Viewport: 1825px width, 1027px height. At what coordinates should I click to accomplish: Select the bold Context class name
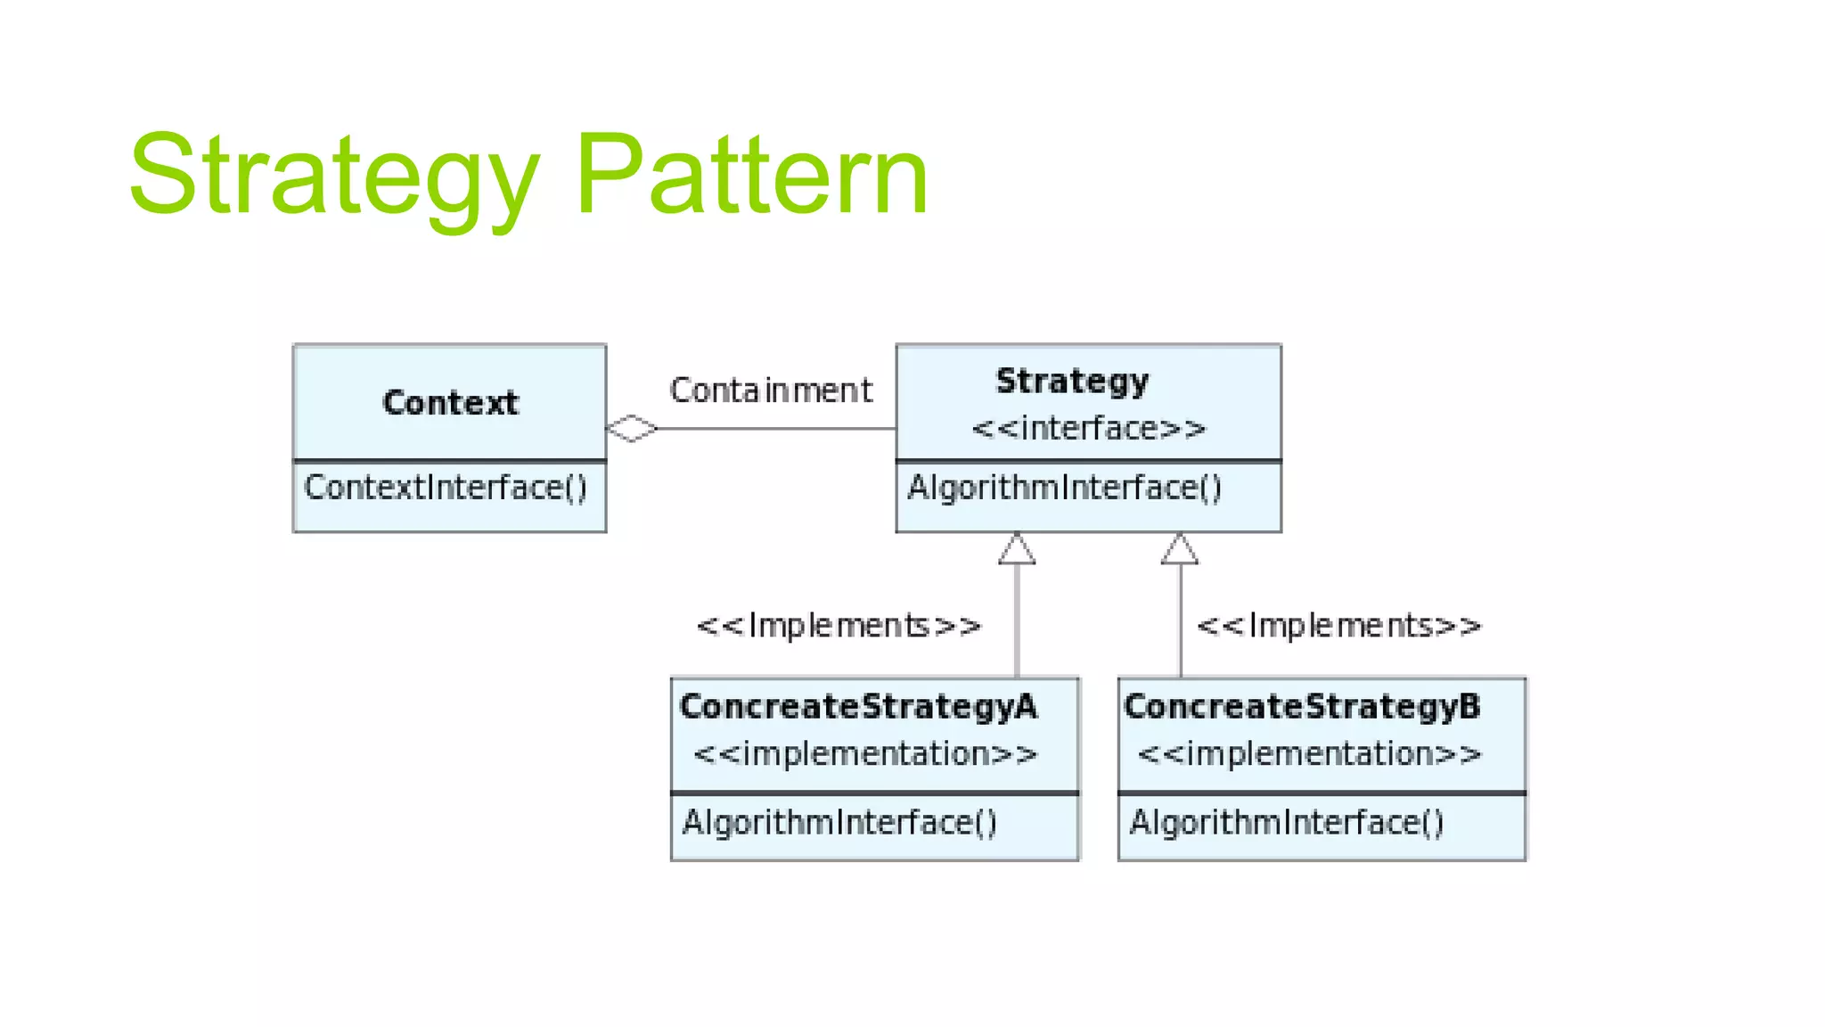pos(450,403)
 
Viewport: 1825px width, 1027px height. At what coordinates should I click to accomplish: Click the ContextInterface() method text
pos(446,488)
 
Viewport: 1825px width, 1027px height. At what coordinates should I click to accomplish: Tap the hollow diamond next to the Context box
pos(632,429)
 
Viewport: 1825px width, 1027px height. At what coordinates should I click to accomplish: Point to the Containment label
pos(771,390)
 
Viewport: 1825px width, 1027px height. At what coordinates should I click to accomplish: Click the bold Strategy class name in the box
pos(1072,381)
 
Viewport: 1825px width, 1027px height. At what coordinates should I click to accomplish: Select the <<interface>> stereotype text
pos(1088,429)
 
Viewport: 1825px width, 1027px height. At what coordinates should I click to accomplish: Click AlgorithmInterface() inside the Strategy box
pos(1064,488)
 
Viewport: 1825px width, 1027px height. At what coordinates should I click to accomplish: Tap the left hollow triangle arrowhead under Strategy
pos(1017,550)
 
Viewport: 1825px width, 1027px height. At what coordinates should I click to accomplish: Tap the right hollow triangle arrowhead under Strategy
pos(1180,550)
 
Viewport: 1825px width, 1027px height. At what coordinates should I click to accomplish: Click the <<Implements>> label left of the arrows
pos(839,626)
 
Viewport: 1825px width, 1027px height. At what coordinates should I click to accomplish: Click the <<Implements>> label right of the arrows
pos(1338,626)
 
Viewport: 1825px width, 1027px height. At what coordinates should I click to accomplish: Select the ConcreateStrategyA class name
pos(858,707)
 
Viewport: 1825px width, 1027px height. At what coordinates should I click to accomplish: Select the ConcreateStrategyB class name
pos(1302,707)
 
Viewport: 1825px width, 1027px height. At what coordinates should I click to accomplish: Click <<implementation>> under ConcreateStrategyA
pos(865,754)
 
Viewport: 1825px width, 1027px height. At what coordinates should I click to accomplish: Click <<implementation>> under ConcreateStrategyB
pos(1309,754)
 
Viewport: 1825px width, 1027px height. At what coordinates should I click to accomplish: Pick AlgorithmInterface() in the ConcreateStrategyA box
pos(839,822)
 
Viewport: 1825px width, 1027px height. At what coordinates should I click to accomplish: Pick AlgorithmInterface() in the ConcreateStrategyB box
pos(1286,822)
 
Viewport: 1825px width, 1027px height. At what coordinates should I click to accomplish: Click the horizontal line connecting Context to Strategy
pos(775,429)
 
